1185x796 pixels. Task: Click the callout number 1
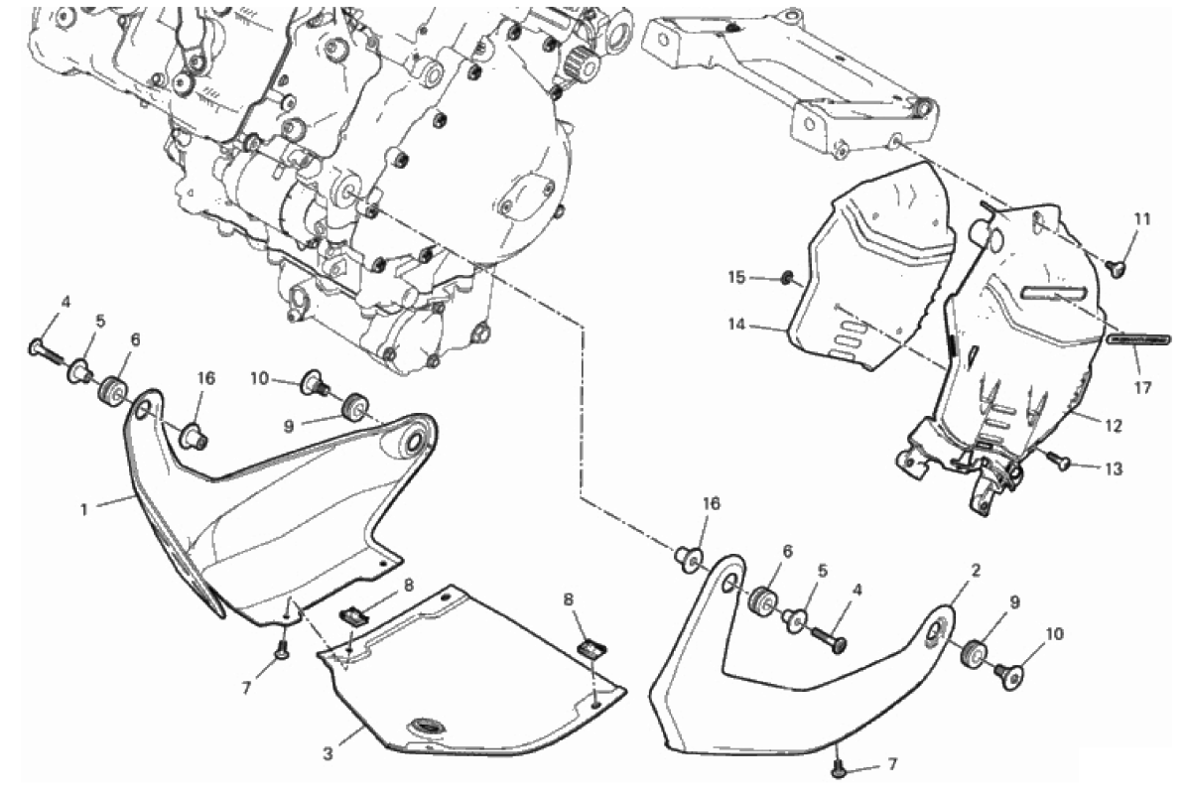click(84, 509)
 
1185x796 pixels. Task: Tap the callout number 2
click(976, 570)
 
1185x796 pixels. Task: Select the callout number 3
click(328, 753)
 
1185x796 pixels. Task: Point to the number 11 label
click(1142, 219)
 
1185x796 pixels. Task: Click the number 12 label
click(1114, 426)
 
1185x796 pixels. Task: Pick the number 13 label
click(1114, 468)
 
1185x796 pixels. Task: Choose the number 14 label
click(736, 326)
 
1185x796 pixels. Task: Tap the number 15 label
click(736, 278)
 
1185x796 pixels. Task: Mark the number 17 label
click(1142, 387)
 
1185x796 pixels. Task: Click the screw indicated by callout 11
click(1116, 266)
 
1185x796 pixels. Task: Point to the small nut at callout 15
click(787, 279)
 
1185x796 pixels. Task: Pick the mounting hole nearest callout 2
click(936, 629)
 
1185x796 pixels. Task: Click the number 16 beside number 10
click(205, 378)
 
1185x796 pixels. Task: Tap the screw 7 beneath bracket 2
click(838, 768)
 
